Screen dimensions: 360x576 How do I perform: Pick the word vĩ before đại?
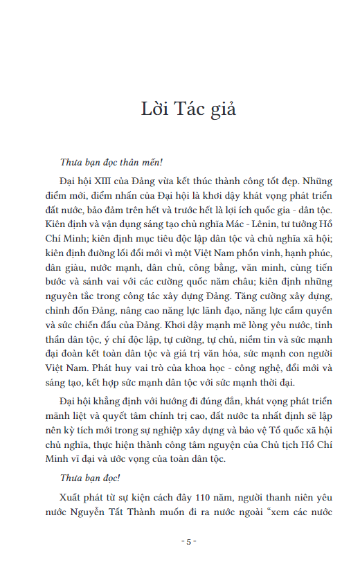pyautogui.click(x=78, y=458)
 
